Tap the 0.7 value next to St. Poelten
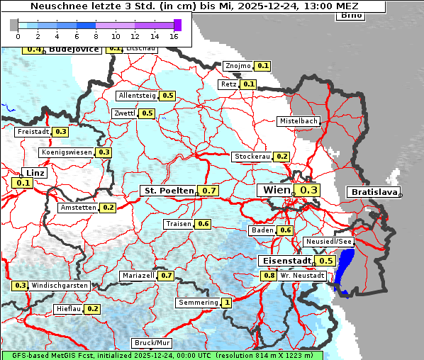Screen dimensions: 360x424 pyautogui.click(x=209, y=191)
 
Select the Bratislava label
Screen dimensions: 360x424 pyautogui.click(x=372, y=192)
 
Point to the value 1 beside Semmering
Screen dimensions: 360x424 pyautogui.click(x=227, y=303)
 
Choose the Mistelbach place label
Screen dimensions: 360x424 pyautogui.click(x=298, y=121)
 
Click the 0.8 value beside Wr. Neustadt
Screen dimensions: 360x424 pyautogui.click(x=269, y=275)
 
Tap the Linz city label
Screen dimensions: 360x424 pyautogui.click(x=33, y=173)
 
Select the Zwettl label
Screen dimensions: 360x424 pyautogui.click(x=124, y=113)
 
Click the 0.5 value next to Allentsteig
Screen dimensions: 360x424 pyautogui.click(x=168, y=96)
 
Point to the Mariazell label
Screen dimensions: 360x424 pyautogui.click(x=138, y=275)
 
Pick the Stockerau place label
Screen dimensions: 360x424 pyautogui.click(x=251, y=157)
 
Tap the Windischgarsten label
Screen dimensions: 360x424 pyautogui.click(x=60, y=286)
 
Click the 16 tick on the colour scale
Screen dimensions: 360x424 pyautogui.click(x=174, y=35)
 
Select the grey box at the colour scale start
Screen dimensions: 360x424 pyautogui.click(x=14, y=25)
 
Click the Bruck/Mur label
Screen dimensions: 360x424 pyautogui.click(x=151, y=343)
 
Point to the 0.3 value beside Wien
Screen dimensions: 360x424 pyautogui.click(x=309, y=190)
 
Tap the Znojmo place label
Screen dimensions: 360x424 pyautogui.click(x=237, y=66)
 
